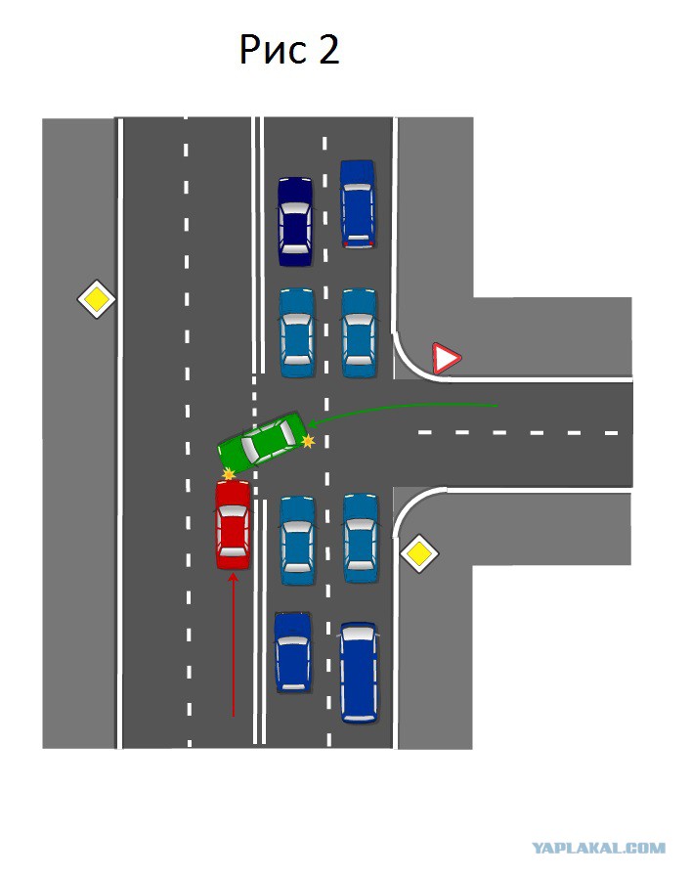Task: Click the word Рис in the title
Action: [x=274, y=50]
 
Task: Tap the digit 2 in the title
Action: [x=328, y=49]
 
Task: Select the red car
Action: [x=234, y=525]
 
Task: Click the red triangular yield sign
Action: [x=446, y=358]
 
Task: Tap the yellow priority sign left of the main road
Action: [x=96, y=299]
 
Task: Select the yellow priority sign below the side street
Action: [x=419, y=553]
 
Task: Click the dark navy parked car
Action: [x=295, y=222]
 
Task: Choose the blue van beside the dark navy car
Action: [x=358, y=204]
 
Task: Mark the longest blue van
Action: [x=359, y=673]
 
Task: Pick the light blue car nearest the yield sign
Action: [x=359, y=332]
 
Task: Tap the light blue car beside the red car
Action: [x=297, y=541]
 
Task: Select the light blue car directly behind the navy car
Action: [x=297, y=332]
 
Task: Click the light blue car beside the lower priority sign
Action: [x=361, y=538]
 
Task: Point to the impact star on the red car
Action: [x=228, y=474]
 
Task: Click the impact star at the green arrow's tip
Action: [x=308, y=441]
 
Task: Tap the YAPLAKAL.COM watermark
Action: [x=599, y=848]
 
